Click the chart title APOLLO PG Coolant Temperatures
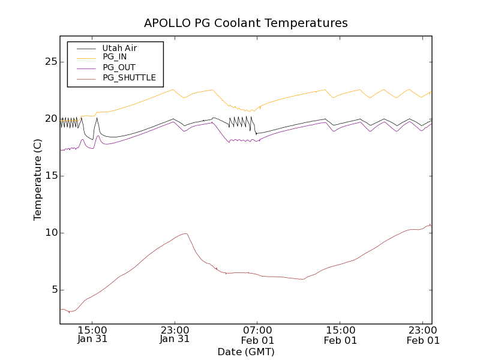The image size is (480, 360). click(x=246, y=23)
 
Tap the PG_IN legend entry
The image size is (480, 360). click(x=115, y=57)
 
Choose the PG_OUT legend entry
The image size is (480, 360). click(x=119, y=67)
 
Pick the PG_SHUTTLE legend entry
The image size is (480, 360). click(x=129, y=77)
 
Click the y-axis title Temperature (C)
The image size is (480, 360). click(x=38, y=180)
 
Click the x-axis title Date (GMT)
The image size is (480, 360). click(x=246, y=352)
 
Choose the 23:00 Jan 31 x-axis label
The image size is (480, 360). click(x=175, y=334)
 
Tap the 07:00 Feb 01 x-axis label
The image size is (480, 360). click(x=257, y=334)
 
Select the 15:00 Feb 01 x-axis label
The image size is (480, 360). click(x=340, y=334)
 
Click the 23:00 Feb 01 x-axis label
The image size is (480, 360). click(x=423, y=334)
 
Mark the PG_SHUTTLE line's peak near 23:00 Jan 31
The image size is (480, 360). click(x=186, y=233)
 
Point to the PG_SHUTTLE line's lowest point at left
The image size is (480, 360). click(x=70, y=311)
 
